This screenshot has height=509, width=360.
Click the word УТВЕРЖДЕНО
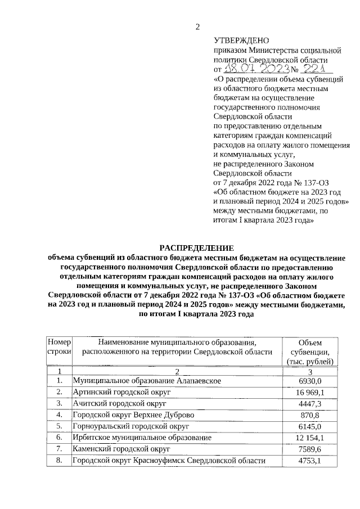click(241, 40)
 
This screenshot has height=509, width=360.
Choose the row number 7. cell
click(58, 449)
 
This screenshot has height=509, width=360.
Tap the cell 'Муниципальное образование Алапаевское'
click(147, 381)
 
